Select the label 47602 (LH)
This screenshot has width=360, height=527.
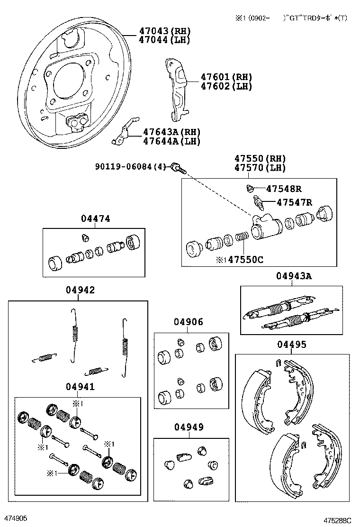point(226,86)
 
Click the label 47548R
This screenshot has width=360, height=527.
point(284,189)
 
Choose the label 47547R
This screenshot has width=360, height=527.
point(294,203)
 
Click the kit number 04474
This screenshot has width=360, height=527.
point(95,219)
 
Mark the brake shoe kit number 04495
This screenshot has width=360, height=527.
point(291,345)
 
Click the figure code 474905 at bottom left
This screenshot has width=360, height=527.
point(16,519)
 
